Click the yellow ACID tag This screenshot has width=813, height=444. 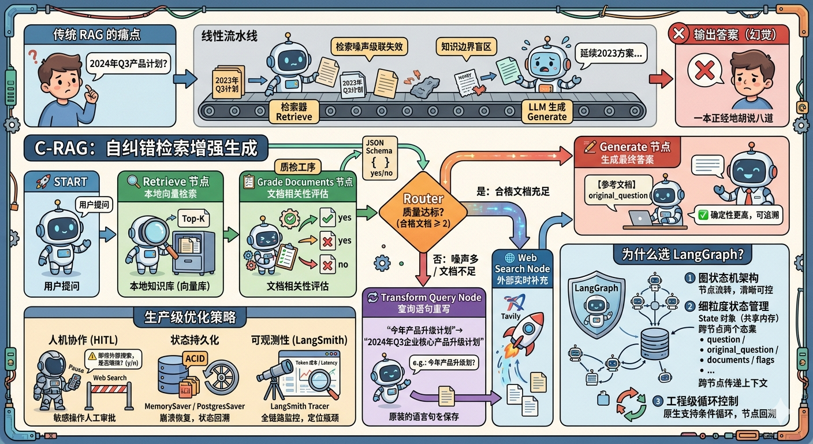(x=194, y=358)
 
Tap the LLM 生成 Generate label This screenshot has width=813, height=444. (x=547, y=112)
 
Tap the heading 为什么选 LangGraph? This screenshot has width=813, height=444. (x=674, y=254)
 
